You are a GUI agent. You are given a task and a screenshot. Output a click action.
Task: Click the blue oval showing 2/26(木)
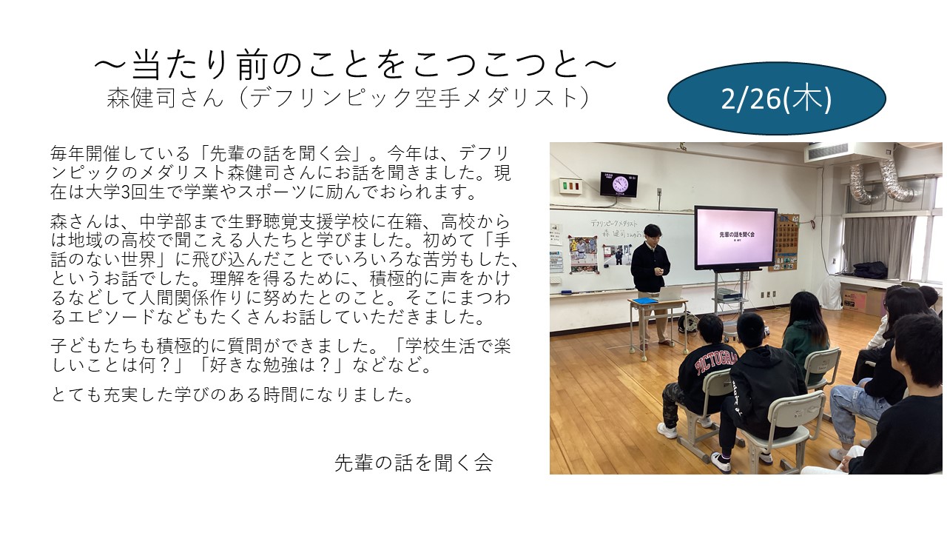[x=776, y=98]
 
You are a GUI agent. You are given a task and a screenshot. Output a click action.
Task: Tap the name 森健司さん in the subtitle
[x=164, y=98]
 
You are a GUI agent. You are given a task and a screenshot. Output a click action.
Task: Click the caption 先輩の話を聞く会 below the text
[x=414, y=463]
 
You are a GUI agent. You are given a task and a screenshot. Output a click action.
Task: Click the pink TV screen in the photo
[x=735, y=237]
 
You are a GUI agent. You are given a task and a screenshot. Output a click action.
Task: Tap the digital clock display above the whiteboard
[x=618, y=184]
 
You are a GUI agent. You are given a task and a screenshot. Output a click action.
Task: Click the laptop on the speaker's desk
[x=670, y=292]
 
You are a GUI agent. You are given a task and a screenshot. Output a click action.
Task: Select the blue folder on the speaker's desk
[x=646, y=301]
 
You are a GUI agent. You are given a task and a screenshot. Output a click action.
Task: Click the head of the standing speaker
[x=651, y=233]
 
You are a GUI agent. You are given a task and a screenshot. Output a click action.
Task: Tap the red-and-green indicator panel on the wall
[x=569, y=185]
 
